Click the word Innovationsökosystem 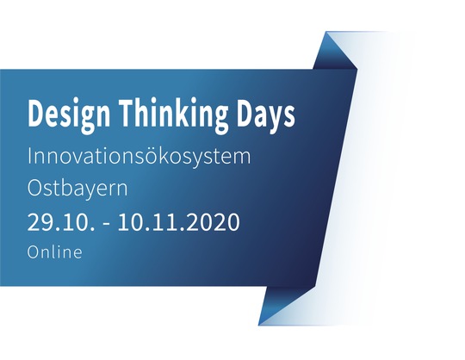click(139, 156)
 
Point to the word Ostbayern click(77, 188)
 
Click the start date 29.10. click(61, 222)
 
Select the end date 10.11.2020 click(179, 222)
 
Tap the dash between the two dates click(106, 225)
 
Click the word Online click(54, 251)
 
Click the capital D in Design click(37, 113)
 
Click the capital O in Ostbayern click(36, 188)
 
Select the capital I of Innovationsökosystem click(29, 156)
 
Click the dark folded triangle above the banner click(335, 51)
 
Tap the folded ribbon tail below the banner click(283, 306)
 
